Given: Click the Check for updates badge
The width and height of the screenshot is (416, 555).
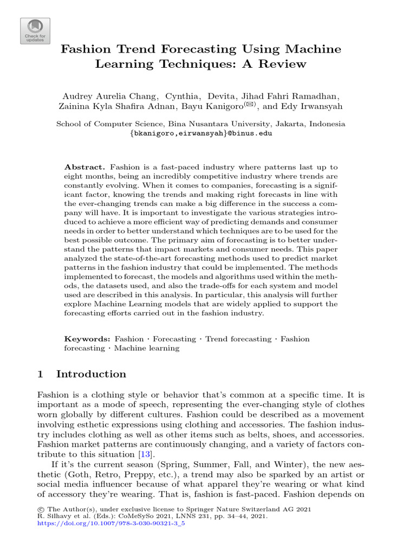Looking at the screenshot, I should (35, 31).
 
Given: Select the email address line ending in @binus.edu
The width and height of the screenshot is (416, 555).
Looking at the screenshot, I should (200, 133).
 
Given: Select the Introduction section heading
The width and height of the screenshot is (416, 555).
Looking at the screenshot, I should (91, 374).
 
